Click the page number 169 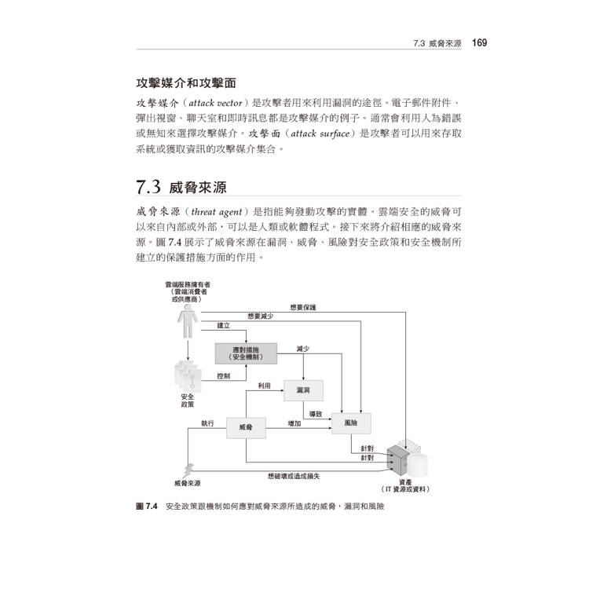(x=479, y=43)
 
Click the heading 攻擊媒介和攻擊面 (x=186, y=83)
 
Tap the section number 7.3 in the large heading (x=148, y=187)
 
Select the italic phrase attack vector (x=215, y=103)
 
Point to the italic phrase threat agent (x=217, y=212)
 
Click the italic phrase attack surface (x=320, y=134)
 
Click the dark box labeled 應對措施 (x=246, y=353)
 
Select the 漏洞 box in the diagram (x=303, y=390)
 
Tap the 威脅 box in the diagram (x=246, y=427)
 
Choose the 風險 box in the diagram (x=351, y=423)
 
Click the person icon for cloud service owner (x=188, y=321)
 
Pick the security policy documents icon (x=188, y=376)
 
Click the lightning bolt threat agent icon (x=188, y=470)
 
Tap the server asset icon (x=398, y=460)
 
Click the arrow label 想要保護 (x=303, y=307)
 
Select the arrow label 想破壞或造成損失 (x=294, y=477)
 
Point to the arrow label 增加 (x=294, y=423)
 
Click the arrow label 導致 (x=316, y=414)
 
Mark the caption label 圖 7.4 (x=147, y=506)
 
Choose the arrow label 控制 (x=224, y=375)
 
